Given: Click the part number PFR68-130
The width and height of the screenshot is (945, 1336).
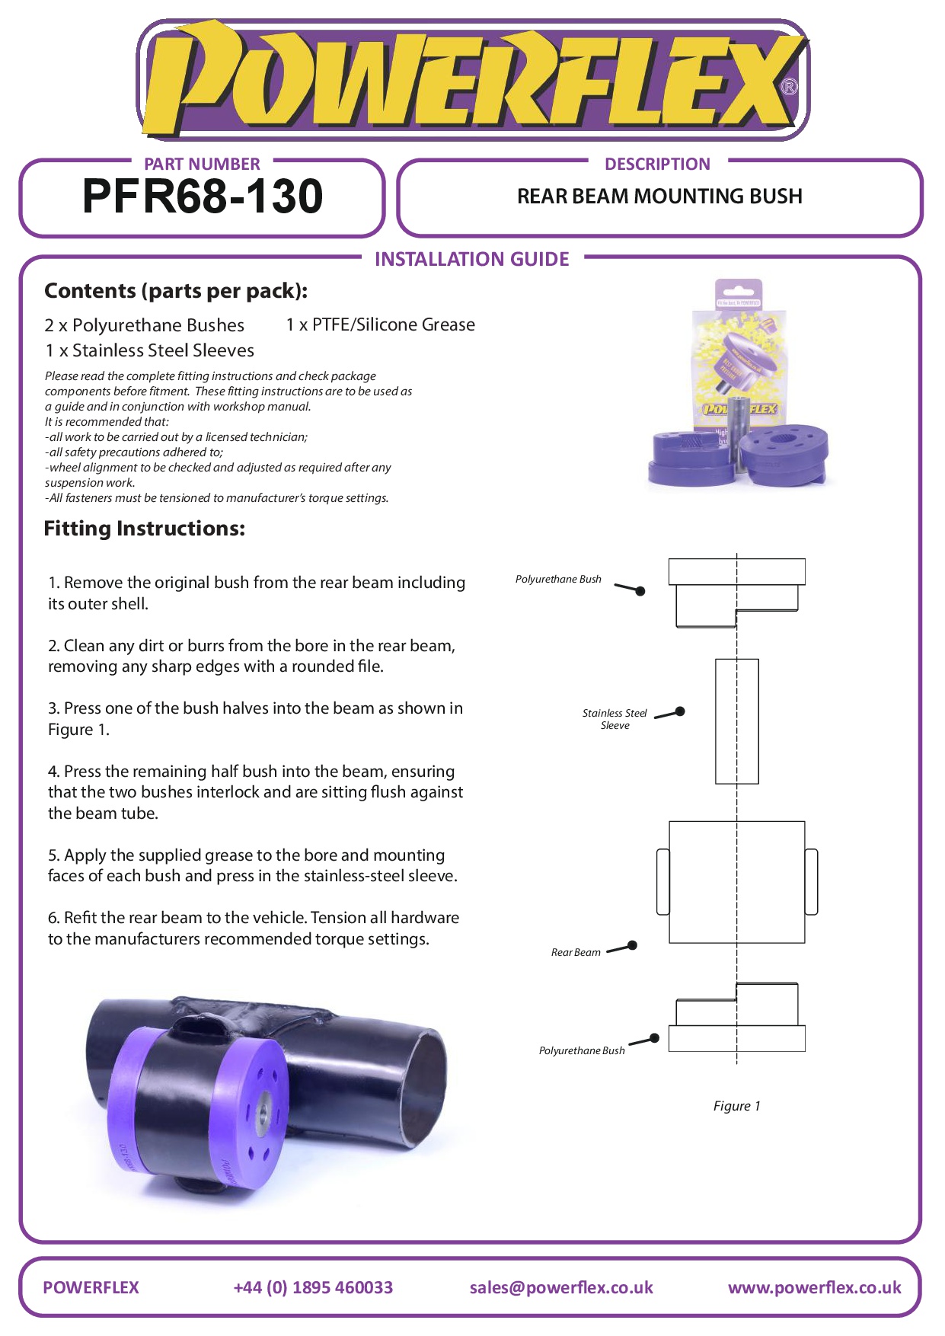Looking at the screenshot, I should [203, 197].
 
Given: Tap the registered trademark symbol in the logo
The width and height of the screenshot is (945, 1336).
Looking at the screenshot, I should [790, 87].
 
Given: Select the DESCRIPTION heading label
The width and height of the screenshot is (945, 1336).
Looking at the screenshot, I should [657, 164].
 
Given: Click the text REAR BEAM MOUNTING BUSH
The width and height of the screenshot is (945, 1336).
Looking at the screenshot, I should [659, 197].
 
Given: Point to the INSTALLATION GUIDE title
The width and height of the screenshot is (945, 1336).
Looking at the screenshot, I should [471, 259].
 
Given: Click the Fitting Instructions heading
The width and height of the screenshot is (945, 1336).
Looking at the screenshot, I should [145, 529].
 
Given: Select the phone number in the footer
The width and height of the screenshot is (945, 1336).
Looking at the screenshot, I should [313, 1287].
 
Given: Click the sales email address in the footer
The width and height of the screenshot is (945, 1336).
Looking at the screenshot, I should [561, 1287].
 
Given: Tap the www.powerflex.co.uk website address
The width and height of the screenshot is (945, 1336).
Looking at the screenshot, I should [814, 1287].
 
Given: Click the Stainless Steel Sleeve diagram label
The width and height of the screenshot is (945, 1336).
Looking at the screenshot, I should [615, 719].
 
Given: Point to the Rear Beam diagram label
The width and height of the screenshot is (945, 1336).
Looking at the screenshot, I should [576, 952].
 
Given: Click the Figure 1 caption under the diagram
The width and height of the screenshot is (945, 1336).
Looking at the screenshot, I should [736, 1106].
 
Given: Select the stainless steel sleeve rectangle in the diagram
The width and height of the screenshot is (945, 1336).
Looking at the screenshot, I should [737, 721].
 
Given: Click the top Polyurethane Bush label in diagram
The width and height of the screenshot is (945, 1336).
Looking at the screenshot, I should [558, 579].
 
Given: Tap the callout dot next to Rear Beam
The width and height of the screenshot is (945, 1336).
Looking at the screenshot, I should [632, 945].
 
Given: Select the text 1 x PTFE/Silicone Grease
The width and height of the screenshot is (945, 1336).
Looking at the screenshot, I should [380, 324].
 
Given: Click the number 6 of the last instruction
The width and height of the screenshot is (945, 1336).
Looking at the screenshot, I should [53, 918].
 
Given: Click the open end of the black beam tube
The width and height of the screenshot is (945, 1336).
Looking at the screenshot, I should [423, 1082].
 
